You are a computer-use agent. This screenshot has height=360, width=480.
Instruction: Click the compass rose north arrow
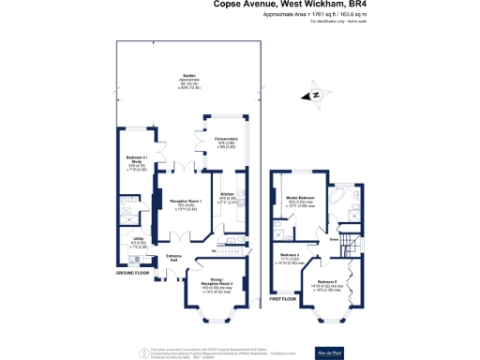click(x=316, y=94)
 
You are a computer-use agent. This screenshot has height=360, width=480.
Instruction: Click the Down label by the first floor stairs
click(x=334, y=239)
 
